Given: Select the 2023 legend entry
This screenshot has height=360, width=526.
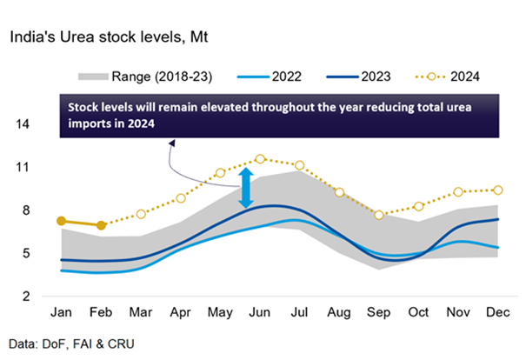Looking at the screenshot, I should [382, 77].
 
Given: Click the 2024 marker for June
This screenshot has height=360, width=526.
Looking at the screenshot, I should [260, 159].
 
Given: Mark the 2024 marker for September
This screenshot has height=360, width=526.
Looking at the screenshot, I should [379, 214].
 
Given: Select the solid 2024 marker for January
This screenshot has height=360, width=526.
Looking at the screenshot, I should [61, 221].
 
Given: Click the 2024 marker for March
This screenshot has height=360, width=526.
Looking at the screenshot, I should [141, 214].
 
